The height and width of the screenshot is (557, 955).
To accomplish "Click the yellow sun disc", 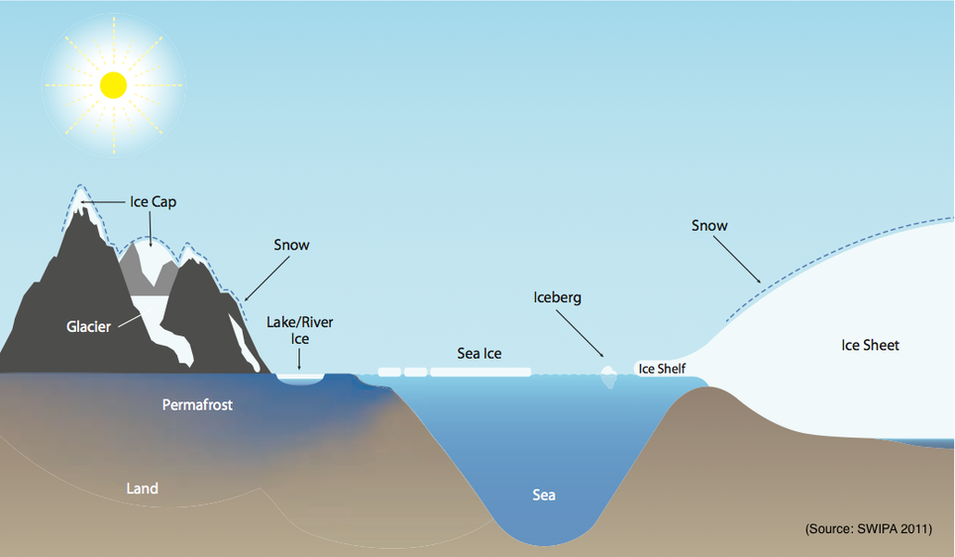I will click(x=114, y=84).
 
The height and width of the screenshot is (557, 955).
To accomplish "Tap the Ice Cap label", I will click(x=153, y=202).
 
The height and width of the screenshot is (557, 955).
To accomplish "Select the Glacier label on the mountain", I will click(x=88, y=327).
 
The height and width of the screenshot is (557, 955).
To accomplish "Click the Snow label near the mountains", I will click(x=291, y=245).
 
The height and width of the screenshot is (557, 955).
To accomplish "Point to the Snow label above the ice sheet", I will click(x=709, y=226).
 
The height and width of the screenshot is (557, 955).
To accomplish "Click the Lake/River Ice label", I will click(x=300, y=330).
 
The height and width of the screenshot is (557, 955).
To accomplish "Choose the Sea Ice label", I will click(x=480, y=353).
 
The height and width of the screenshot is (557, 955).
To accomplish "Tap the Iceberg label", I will click(x=557, y=297).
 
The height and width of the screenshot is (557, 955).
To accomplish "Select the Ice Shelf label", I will click(x=661, y=369).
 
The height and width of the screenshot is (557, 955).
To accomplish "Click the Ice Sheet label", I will click(x=870, y=345).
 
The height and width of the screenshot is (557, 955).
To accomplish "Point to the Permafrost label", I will click(x=197, y=405).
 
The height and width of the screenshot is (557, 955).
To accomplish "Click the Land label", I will click(x=142, y=488).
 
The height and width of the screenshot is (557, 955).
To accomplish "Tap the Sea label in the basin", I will click(x=543, y=495).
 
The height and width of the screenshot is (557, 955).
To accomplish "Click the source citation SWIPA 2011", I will click(x=868, y=529).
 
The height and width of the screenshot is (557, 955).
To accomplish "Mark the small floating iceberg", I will click(x=608, y=374).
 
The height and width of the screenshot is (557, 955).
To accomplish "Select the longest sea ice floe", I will click(x=480, y=373).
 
